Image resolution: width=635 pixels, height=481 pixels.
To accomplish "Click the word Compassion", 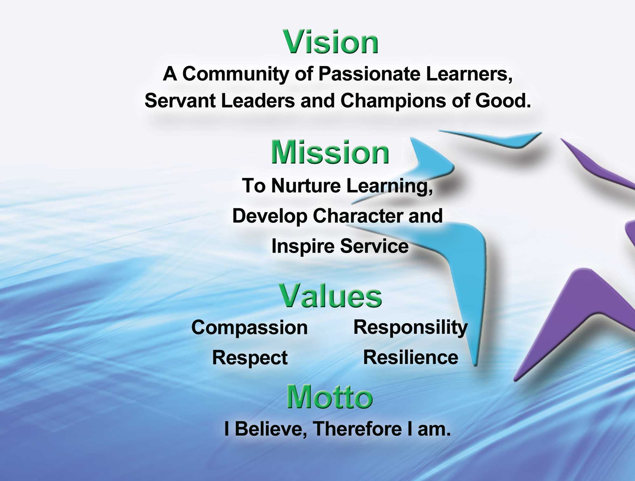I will click(250, 328).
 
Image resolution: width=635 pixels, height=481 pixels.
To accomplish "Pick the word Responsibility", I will click(410, 328).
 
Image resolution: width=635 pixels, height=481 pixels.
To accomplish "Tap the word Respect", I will click(250, 358).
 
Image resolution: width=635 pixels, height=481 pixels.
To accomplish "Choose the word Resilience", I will click(411, 358).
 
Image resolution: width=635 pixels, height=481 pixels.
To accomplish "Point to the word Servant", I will click(180, 101).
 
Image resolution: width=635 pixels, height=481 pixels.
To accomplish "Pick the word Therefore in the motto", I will click(355, 429).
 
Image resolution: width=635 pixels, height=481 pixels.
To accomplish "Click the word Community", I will click(236, 75).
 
